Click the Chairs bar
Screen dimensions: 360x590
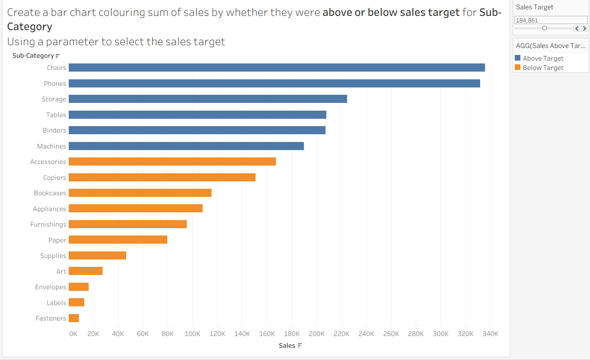pyautogui.click(x=277, y=68)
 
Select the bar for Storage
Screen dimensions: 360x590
pyautogui.click(x=208, y=99)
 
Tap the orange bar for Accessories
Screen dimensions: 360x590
pyautogui.click(x=172, y=161)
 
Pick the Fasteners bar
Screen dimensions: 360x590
pyautogui.click(x=74, y=318)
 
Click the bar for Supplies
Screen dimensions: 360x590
pyautogui.click(x=97, y=255)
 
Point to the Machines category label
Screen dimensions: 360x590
pyautogui.click(x=52, y=146)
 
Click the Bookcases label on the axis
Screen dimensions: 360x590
pyautogui.click(x=50, y=193)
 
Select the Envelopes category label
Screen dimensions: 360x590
pyautogui.click(x=50, y=287)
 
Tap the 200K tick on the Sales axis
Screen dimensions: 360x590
pyautogui.click(x=316, y=334)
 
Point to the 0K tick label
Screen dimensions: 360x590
pyautogui.click(x=73, y=334)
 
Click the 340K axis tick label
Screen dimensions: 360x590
pyautogui.click(x=490, y=334)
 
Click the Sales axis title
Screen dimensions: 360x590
pyautogui.click(x=287, y=345)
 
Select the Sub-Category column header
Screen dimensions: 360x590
pyautogui.click(x=33, y=55)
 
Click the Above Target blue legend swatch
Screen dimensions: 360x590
pyautogui.click(x=518, y=58)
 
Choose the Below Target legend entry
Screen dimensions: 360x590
pyautogui.click(x=543, y=68)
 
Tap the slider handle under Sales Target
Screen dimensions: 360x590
pyautogui.click(x=544, y=28)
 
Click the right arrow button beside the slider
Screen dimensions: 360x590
pyautogui.click(x=584, y=28)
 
